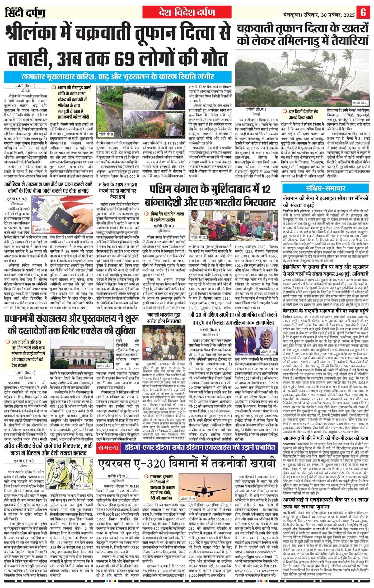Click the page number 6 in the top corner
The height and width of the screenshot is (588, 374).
[x=364, y=12]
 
